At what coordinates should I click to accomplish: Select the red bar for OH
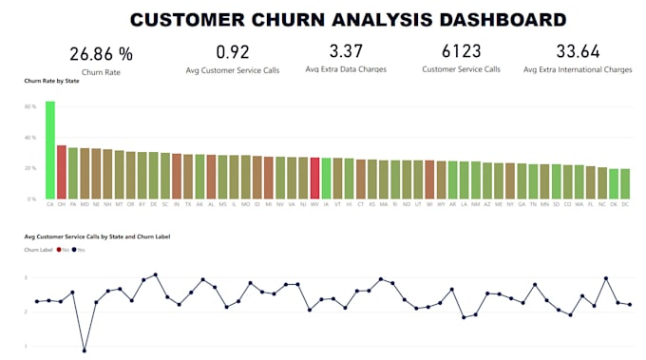click(x=62, y=172)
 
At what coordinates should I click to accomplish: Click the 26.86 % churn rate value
click(x=102, y=53)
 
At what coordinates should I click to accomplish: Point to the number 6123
click(x=462, y=51)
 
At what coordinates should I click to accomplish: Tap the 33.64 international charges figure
click(x=578, y=51)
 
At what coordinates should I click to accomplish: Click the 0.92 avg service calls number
click(x=233, y=51)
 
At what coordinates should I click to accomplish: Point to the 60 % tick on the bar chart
click(x=30, y=107)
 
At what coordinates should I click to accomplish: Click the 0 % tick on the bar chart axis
click(x=32, y=199)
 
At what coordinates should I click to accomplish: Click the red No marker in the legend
click(x=60, y=250)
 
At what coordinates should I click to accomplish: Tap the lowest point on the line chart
click(x=84, y=351)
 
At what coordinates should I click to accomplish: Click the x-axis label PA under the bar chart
click(x=73, y=204)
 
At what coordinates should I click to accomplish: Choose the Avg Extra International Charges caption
click(x=577, y=70)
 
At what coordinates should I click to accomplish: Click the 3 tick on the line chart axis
click(x=26, y=278)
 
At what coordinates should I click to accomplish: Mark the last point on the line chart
click(x=630, y=305)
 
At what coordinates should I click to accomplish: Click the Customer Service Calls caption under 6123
click(x=462, y=70)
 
